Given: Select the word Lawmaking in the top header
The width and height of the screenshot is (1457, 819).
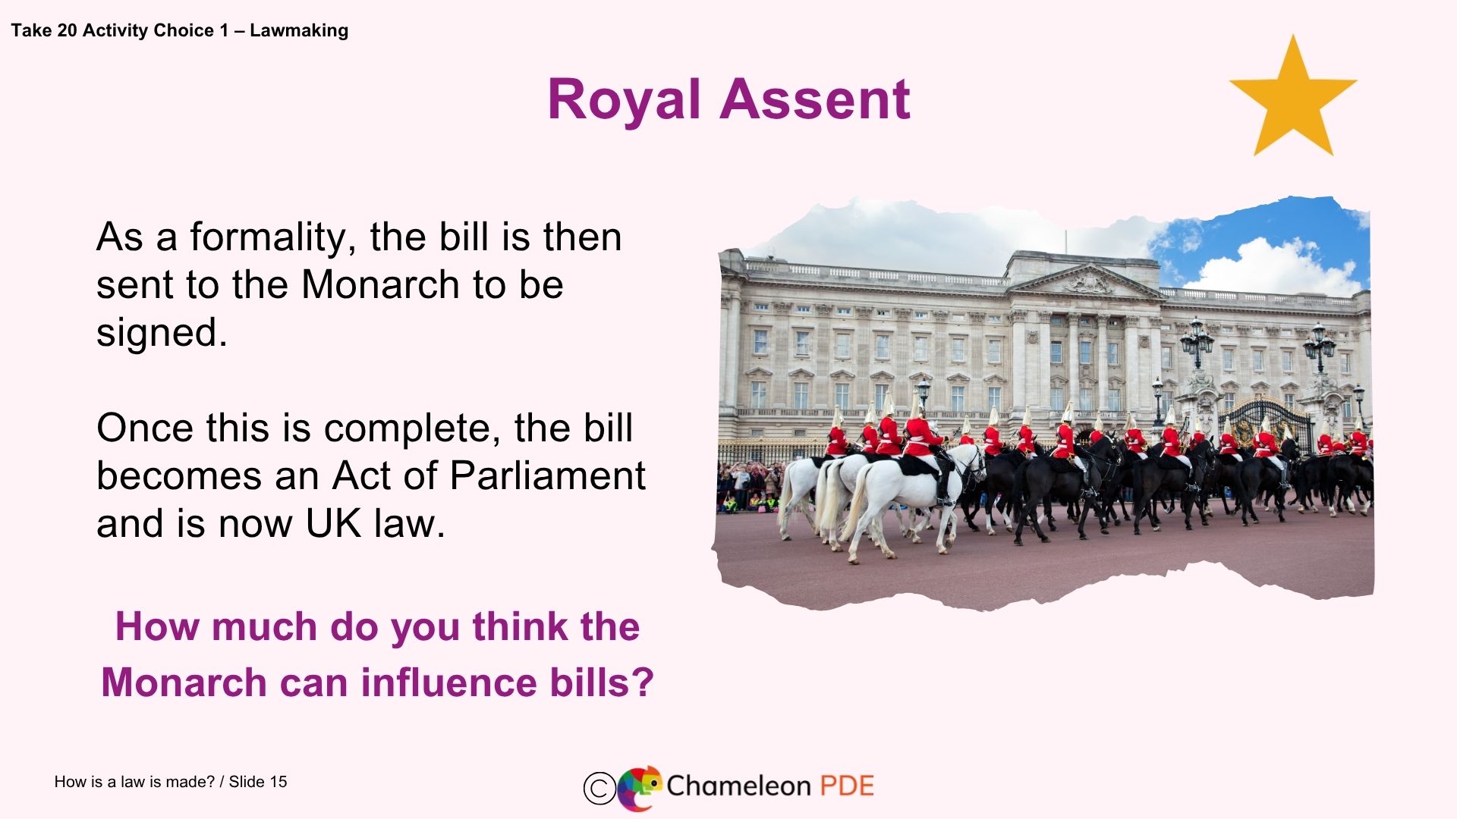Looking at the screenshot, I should pos(299,30).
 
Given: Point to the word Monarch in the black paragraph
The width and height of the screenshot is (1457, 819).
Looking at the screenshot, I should pos(380,285).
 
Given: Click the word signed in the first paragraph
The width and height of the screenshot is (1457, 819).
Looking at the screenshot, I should pos(160,333).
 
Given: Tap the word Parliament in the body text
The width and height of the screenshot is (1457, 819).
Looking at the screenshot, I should pos(547,476).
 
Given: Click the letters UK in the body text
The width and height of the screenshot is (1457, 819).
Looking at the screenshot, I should pos(333,524).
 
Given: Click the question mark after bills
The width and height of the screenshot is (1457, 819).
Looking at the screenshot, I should pos(642,682).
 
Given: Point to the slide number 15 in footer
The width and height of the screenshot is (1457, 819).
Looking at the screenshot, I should pos(278,782).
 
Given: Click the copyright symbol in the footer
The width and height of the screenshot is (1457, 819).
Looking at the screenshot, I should pos(599,788).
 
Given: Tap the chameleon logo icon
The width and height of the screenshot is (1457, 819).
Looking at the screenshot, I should pos(639,788).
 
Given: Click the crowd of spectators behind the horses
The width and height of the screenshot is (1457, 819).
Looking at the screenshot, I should pos(747,485).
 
